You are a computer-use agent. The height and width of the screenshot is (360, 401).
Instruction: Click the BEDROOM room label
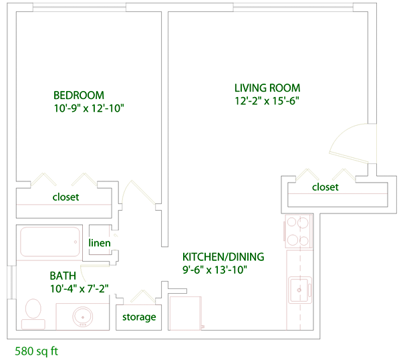79,95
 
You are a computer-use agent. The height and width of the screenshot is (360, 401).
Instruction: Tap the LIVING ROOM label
267,88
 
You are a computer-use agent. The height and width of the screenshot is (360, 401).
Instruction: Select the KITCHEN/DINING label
223,256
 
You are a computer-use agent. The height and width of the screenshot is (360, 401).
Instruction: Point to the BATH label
63,276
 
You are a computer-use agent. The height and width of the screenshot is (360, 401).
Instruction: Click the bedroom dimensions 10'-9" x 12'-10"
89,108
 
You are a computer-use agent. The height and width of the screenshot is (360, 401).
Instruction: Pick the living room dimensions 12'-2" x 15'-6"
267,101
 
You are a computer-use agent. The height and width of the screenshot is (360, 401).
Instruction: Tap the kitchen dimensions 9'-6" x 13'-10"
215,270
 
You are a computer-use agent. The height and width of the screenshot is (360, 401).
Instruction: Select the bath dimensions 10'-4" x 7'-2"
80,289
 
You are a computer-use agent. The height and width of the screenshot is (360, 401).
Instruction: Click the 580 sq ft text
36,351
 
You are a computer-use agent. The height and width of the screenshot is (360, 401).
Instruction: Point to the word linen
100,243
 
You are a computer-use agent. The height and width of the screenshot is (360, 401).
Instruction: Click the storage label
139,317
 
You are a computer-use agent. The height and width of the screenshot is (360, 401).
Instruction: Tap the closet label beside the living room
325,187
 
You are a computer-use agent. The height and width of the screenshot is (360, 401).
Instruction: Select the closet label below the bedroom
65,197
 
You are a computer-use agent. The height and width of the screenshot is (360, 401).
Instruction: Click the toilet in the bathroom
33,314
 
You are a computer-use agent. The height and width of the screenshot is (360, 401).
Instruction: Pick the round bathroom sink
82,317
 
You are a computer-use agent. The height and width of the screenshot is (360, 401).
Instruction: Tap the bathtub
50,242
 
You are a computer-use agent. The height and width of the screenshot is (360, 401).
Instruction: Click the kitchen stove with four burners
298,232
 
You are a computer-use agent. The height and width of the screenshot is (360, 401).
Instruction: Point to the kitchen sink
300,290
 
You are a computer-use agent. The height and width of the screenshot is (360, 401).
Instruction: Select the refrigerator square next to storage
186,313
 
